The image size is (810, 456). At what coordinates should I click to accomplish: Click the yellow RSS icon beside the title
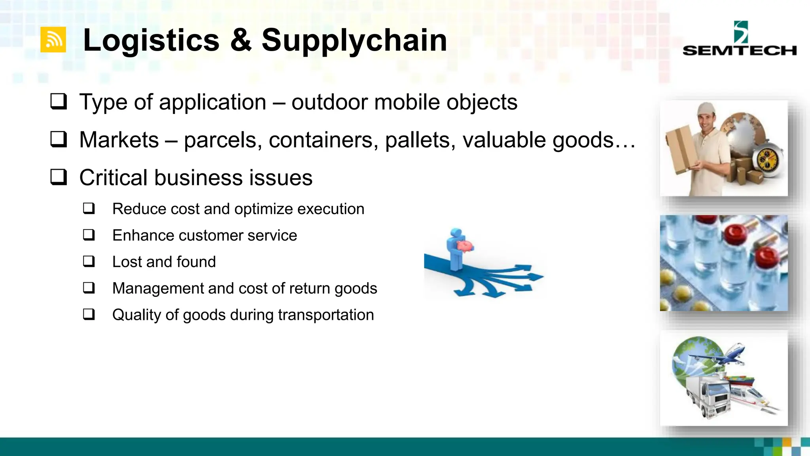pos(53,40)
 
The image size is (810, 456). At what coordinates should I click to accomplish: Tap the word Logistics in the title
pos(151,40)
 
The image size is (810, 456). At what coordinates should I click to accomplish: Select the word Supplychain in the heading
pos(354,40)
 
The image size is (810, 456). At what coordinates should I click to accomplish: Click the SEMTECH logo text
pos(739,51)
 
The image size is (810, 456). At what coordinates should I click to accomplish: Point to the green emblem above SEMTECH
pos(741,32)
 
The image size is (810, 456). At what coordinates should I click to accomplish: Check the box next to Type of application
pos(59,102)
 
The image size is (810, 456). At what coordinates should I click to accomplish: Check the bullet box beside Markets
pos(59,139)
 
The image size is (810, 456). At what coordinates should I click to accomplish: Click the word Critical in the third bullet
pos(114,177)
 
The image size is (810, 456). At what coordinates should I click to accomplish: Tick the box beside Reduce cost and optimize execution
pos(89,209)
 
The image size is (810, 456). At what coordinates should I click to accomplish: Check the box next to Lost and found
pos(89,262)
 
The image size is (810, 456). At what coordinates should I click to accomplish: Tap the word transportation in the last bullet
pos(326,315)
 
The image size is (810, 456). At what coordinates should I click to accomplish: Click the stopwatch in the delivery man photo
pos(768,160)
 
